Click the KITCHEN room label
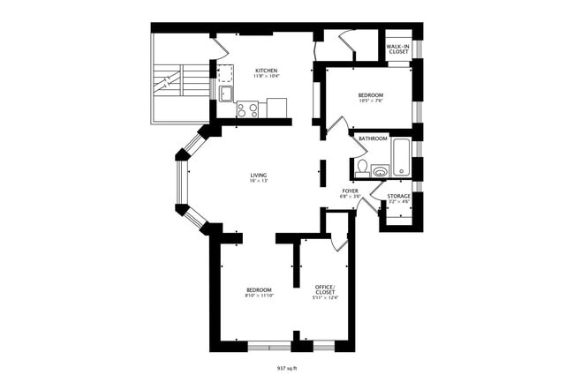tap(267, 71)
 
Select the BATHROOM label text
tap(373, 139)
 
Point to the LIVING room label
tap(258, 175)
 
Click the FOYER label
tap(350, 190)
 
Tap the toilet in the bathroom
tap(362, 167)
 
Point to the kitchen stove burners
tap(248, 110)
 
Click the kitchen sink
tap(225, 94)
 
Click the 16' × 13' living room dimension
tap(258, 181)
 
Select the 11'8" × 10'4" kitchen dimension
tap(267, 77)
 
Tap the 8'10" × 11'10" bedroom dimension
tap(258, 296)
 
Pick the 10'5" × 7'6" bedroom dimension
tap(370, 100)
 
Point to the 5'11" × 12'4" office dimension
tap(325, 297)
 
